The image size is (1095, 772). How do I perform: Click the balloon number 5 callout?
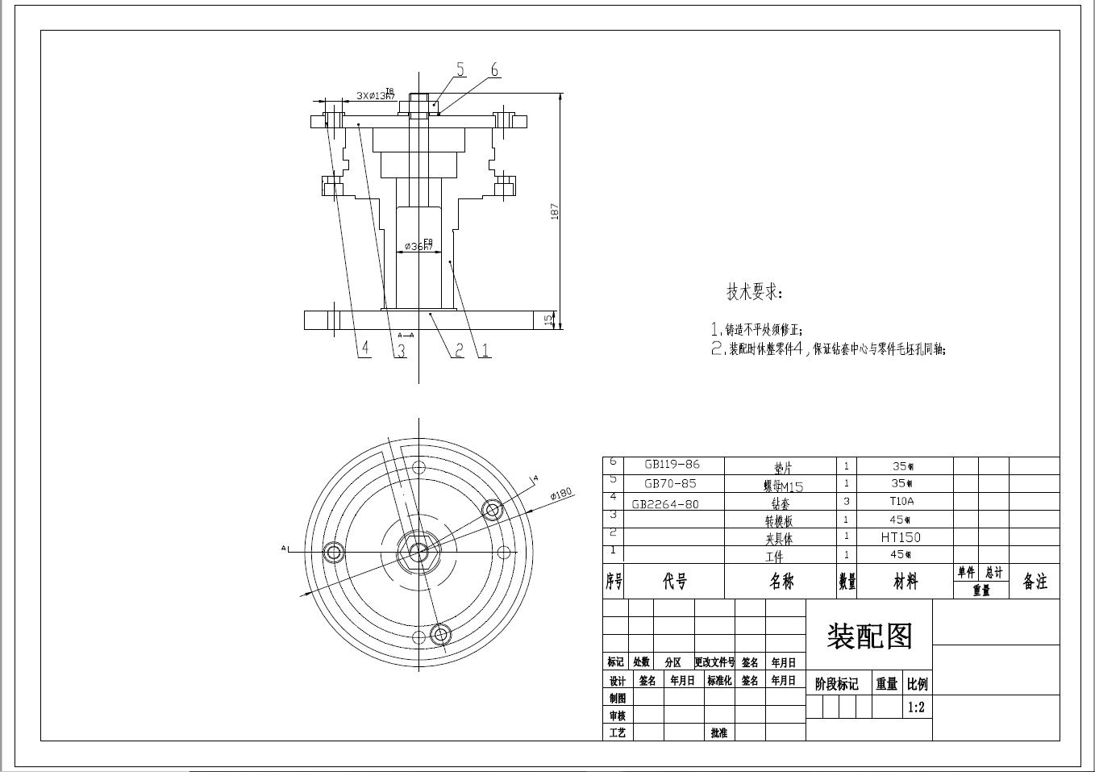[460, 69]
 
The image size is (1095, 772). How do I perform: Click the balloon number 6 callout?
[494, 70]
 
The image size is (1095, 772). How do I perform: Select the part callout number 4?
[365, 348]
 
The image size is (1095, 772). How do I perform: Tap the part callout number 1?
[485, 350]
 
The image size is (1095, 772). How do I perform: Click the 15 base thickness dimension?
[549, 320]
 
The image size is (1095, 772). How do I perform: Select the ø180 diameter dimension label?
[561, 494]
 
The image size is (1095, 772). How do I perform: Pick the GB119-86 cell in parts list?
[672, 465]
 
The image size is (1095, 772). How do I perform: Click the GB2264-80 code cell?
[665, 504]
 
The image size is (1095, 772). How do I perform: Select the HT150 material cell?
[901, 537]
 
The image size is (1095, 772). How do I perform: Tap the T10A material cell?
[901, 501]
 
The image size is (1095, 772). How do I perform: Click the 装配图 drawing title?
[869, 636]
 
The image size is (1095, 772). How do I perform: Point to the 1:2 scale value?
[917, 707]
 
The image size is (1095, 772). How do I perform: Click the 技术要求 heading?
[754, 292]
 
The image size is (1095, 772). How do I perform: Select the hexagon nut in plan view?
[418, 552]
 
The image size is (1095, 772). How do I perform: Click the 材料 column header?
[906, 582]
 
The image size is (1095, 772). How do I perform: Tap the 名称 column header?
[781, 582]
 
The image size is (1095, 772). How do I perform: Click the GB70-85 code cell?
[670, 484]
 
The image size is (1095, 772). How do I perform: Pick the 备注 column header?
[1035, 582]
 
